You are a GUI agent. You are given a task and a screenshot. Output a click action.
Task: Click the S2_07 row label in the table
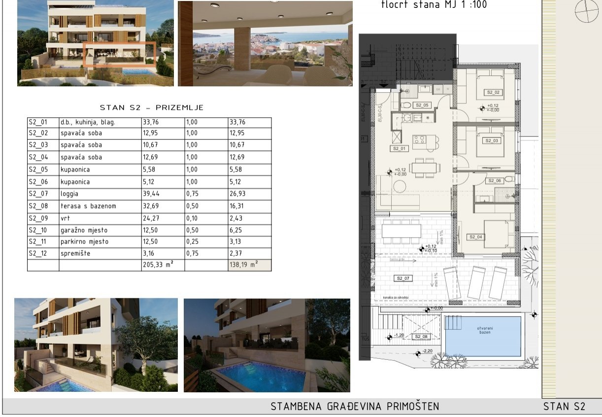pos(38,194)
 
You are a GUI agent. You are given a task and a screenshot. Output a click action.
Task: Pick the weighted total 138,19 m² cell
pos(243,265)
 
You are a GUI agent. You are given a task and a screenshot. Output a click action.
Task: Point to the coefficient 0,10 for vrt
pos(193,218)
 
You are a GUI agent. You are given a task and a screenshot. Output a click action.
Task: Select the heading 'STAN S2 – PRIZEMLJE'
pos(151,107)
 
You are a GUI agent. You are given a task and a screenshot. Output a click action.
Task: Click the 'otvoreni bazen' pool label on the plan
pos(483,330)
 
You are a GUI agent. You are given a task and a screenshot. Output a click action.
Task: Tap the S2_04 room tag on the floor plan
pos(475,237)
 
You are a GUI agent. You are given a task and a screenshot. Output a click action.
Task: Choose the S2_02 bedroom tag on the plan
pos(493,92)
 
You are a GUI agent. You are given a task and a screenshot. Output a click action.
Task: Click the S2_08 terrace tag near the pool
pos(421,337)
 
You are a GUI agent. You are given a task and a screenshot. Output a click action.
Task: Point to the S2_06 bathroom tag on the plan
pos(494,181)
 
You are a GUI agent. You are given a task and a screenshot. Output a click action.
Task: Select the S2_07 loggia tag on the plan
pos(403,278)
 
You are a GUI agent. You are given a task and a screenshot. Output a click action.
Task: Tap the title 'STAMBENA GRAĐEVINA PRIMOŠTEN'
pos(355,407)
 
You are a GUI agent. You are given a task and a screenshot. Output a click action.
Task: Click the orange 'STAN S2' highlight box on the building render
pos(120,54)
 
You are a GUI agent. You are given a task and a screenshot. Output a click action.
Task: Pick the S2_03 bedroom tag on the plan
pos(492,141)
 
